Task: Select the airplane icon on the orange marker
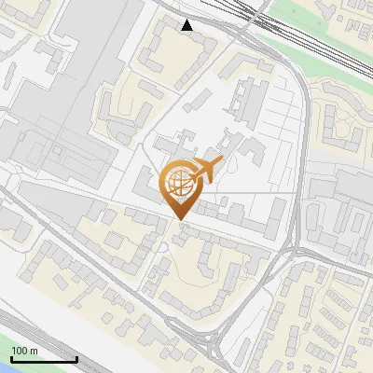coord(206,170)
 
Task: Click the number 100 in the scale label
coord(19,351)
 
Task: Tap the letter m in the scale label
coord(33,351)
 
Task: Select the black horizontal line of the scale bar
coord(42,360)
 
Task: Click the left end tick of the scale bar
coord(9,357)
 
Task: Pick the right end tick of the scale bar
coord(76,357)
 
